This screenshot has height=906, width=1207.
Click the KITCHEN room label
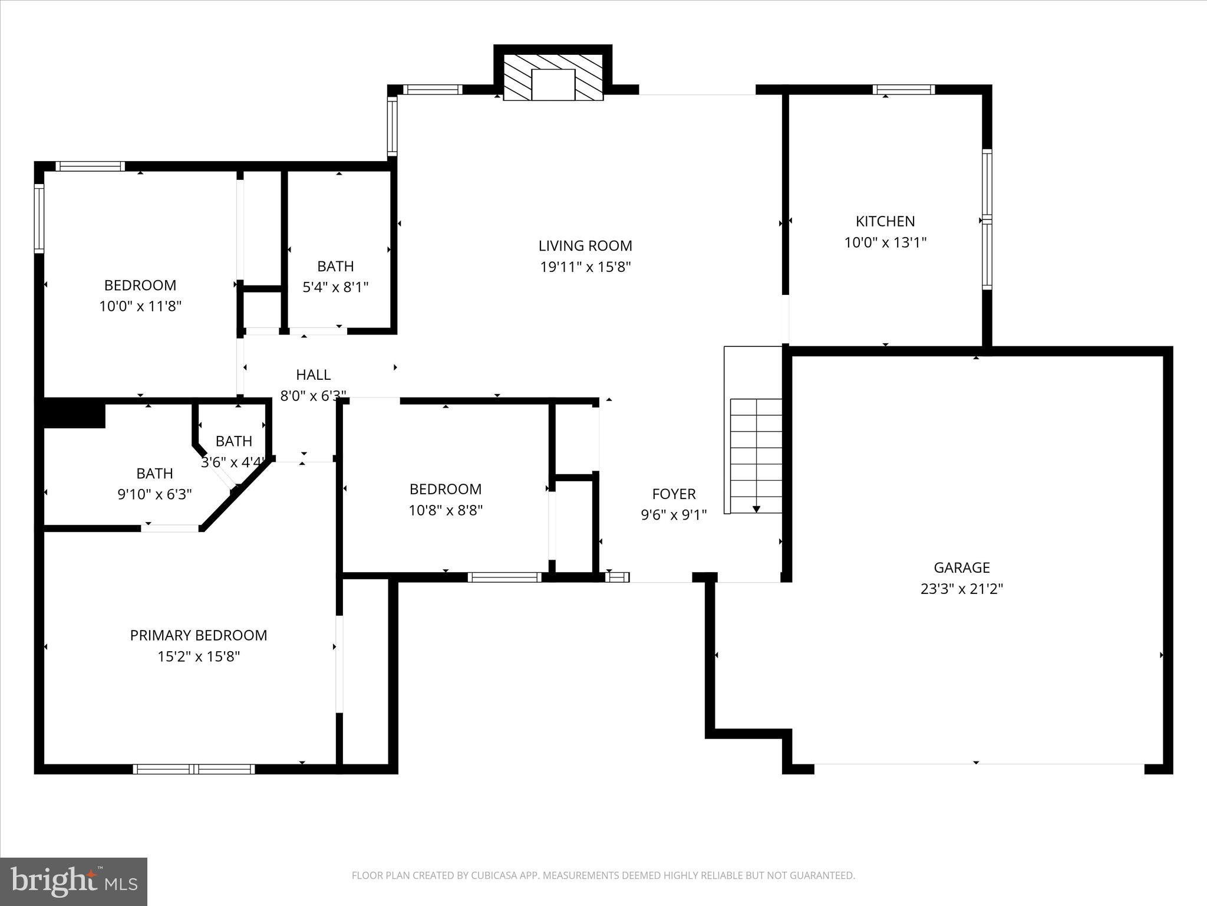[x=885, y=221]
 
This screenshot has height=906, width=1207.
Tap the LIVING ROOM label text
[x=585, y=245]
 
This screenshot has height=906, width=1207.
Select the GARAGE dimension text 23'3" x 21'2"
[x=961, y=589]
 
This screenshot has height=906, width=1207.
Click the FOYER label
[x=674, y=494]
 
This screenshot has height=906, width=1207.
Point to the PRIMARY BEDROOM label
[x=199, y=635]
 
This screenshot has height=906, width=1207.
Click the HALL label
[x=313, y=375]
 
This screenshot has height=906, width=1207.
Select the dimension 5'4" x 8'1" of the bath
[x=335, y=287]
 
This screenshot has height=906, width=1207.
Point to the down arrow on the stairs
[x=756, y=508]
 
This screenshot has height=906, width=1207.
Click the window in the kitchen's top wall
[x=903, y=90]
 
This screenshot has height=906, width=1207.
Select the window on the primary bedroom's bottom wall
[x=194, y=769]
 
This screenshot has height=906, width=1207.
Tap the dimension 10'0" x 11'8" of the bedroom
[x=140, y=306]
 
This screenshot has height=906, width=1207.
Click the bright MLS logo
[x=74, y=881]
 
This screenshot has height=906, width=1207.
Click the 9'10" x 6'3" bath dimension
[x=155, y=494]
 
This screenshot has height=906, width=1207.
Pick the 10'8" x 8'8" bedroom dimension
[x=446, y=510]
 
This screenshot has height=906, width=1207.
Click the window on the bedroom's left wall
[x=39, y=218]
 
